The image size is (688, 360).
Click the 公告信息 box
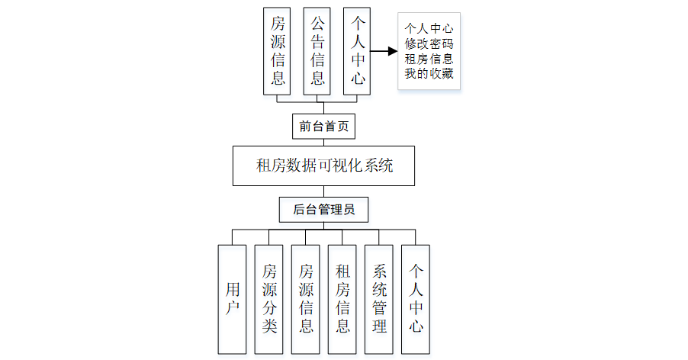tap(317, 52)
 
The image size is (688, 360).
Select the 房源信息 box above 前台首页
tap(278, 52)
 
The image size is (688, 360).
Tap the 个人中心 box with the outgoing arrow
tap(357, 52)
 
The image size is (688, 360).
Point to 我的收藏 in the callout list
tap(429, 73)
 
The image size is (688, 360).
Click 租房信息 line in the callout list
tap(429, 59)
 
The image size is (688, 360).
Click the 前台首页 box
tap(323, 126)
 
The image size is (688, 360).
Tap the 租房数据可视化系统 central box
tap(323, 166)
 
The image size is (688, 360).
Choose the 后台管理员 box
tap(323, 208)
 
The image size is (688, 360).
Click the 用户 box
tap(232, 299)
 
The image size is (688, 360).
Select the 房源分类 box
tap(269, 299)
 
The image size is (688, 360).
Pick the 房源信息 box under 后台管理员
tap(306, 299)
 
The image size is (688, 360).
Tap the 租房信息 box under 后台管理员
tap(342, 299)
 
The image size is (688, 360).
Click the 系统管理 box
tap(379, 299)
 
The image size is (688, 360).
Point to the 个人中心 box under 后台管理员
tap(416, 299)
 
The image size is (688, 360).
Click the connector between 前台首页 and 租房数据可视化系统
tap(323, 142)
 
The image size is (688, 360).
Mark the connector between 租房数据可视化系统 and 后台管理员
tap(323, 191)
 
